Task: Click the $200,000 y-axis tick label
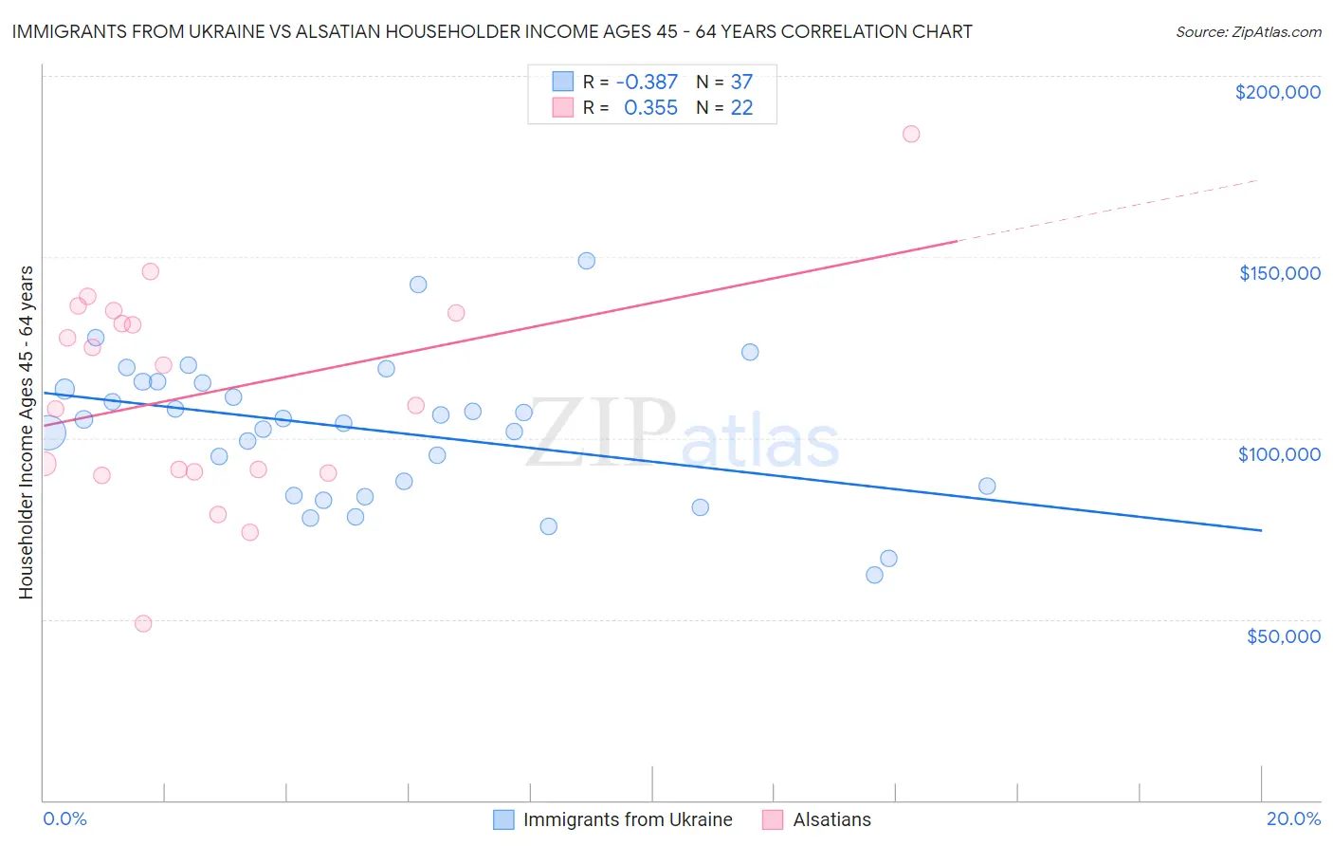click(x=1277, y=92)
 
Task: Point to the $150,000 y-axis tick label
click(x=1279, y=273)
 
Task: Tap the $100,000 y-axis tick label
click(x=1279, y=454)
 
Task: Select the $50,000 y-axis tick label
click(x=1283, y=636)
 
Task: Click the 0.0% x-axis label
click(x=64, y=818)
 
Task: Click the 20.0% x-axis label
click(x=1292, y=818)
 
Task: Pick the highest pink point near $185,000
click(x=911, y=134)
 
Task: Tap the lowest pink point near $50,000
click(x=143, y=623)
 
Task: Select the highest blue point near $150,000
click(x=587, y=261)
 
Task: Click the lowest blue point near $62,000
click(x=874, y=575)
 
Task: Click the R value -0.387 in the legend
click(x=647, y=83)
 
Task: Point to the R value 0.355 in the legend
click(x=650, y=108)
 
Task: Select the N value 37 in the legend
click(x=741, y=83)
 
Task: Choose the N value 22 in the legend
click(x=741, y=108)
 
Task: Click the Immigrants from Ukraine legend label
click(x=628, y=819)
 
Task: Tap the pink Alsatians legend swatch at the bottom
click(x=773, y=819)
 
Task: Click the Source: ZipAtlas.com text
click(x=1248, y=32)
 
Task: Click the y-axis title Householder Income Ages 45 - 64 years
click(x=26, y=432)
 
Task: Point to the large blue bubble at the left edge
click(x=46, y=433)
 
